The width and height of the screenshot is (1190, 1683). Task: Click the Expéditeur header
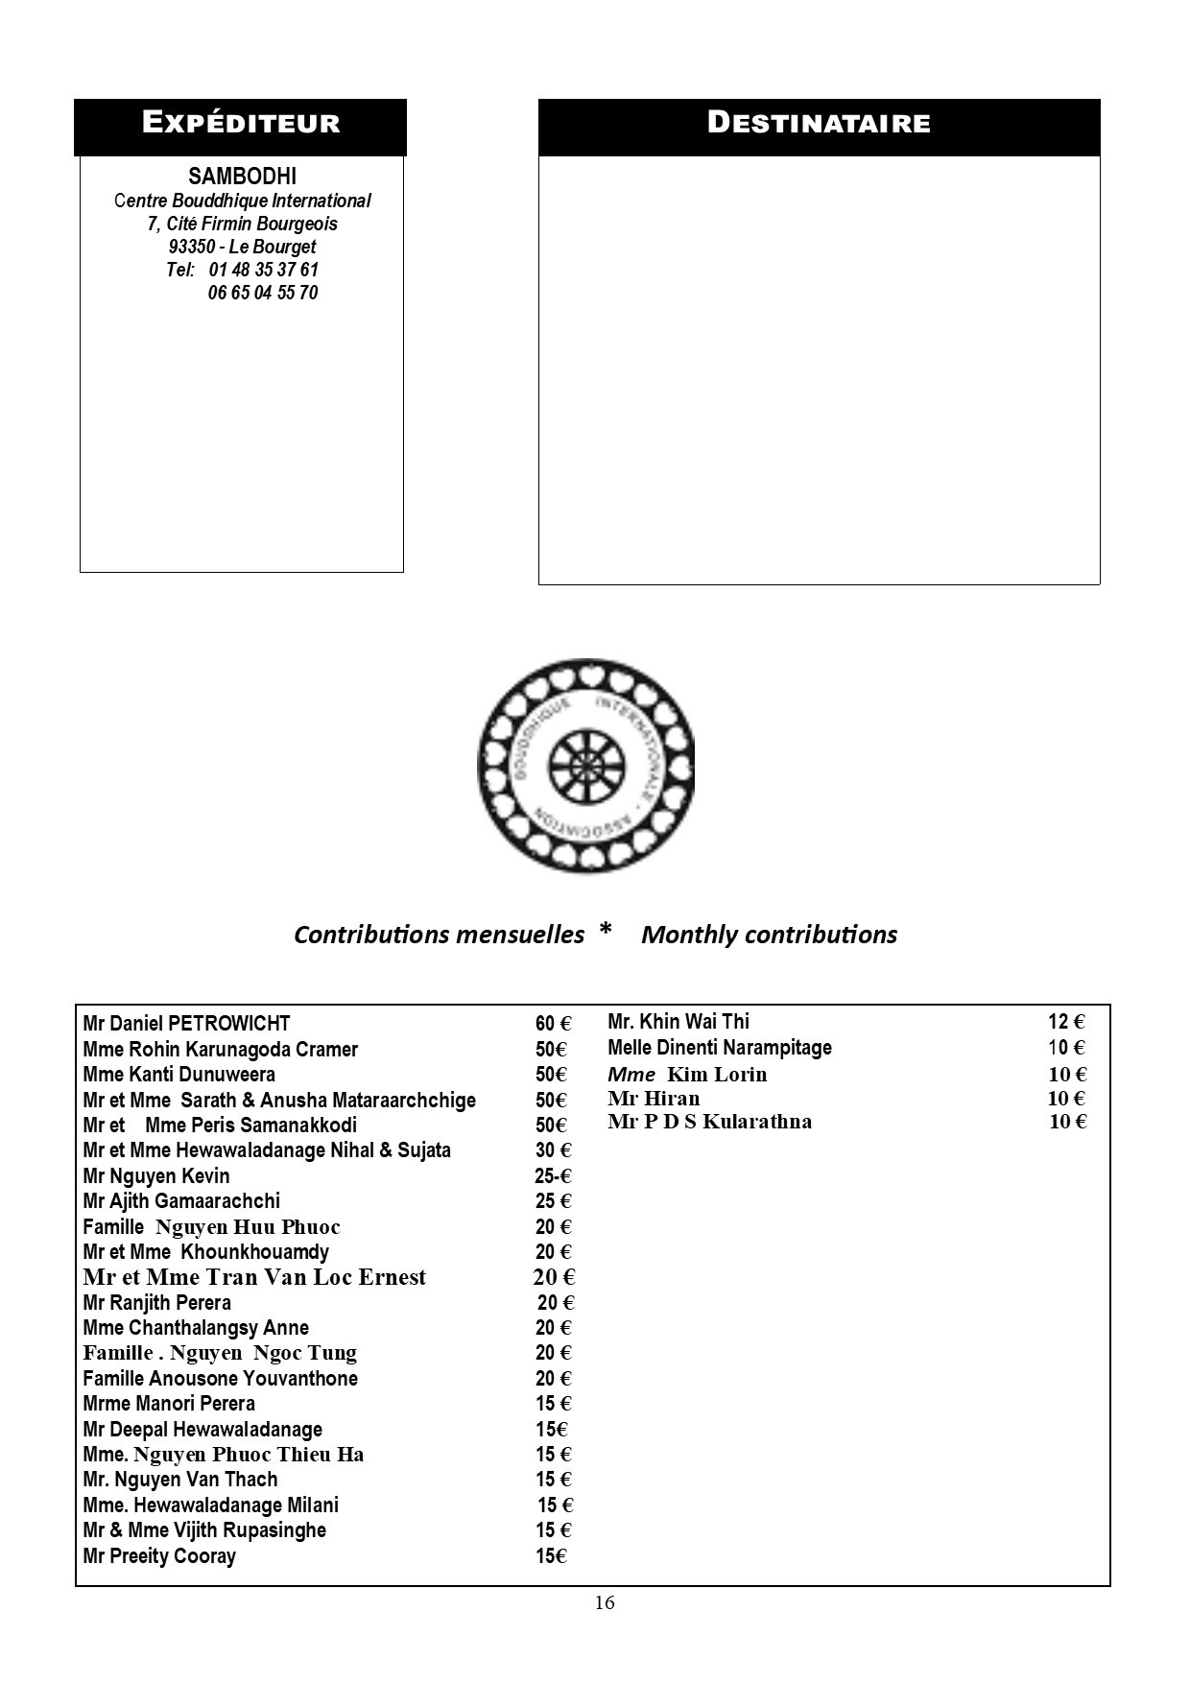(x=240, y=123)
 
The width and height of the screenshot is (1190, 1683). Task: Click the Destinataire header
(x=819, y=123)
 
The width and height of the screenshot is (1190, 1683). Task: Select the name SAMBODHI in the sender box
(x=242, y=177)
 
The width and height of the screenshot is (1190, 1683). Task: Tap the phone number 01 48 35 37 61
(x=263, y=270)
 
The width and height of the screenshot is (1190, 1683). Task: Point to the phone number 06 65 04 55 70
(x=262, y=293)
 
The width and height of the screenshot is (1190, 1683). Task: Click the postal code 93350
(x=191, y=247)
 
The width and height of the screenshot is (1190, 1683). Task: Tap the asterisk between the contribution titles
(x=605, y=931)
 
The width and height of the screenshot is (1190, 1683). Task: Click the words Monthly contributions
(x=769, y=935)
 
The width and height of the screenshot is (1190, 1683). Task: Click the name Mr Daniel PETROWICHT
(x=186, y=1024)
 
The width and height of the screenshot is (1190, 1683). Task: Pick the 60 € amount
(x=553, y=1024)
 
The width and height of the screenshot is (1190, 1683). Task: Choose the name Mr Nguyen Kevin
(x=156, y=1175)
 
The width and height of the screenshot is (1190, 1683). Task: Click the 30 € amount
(x=553, y=1150)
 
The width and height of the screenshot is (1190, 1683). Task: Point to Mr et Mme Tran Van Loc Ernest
(x=254, y=1277)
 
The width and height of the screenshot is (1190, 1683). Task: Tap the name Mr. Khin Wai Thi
(x=678, y=1022)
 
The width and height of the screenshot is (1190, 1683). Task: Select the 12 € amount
(x=1065, y=1022)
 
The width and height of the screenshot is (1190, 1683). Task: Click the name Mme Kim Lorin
(x=687, y=1075)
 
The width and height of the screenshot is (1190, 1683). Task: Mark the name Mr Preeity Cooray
(x=159, y=1555)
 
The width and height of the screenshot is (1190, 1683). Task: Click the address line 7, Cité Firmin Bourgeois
(x=242, y=224)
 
